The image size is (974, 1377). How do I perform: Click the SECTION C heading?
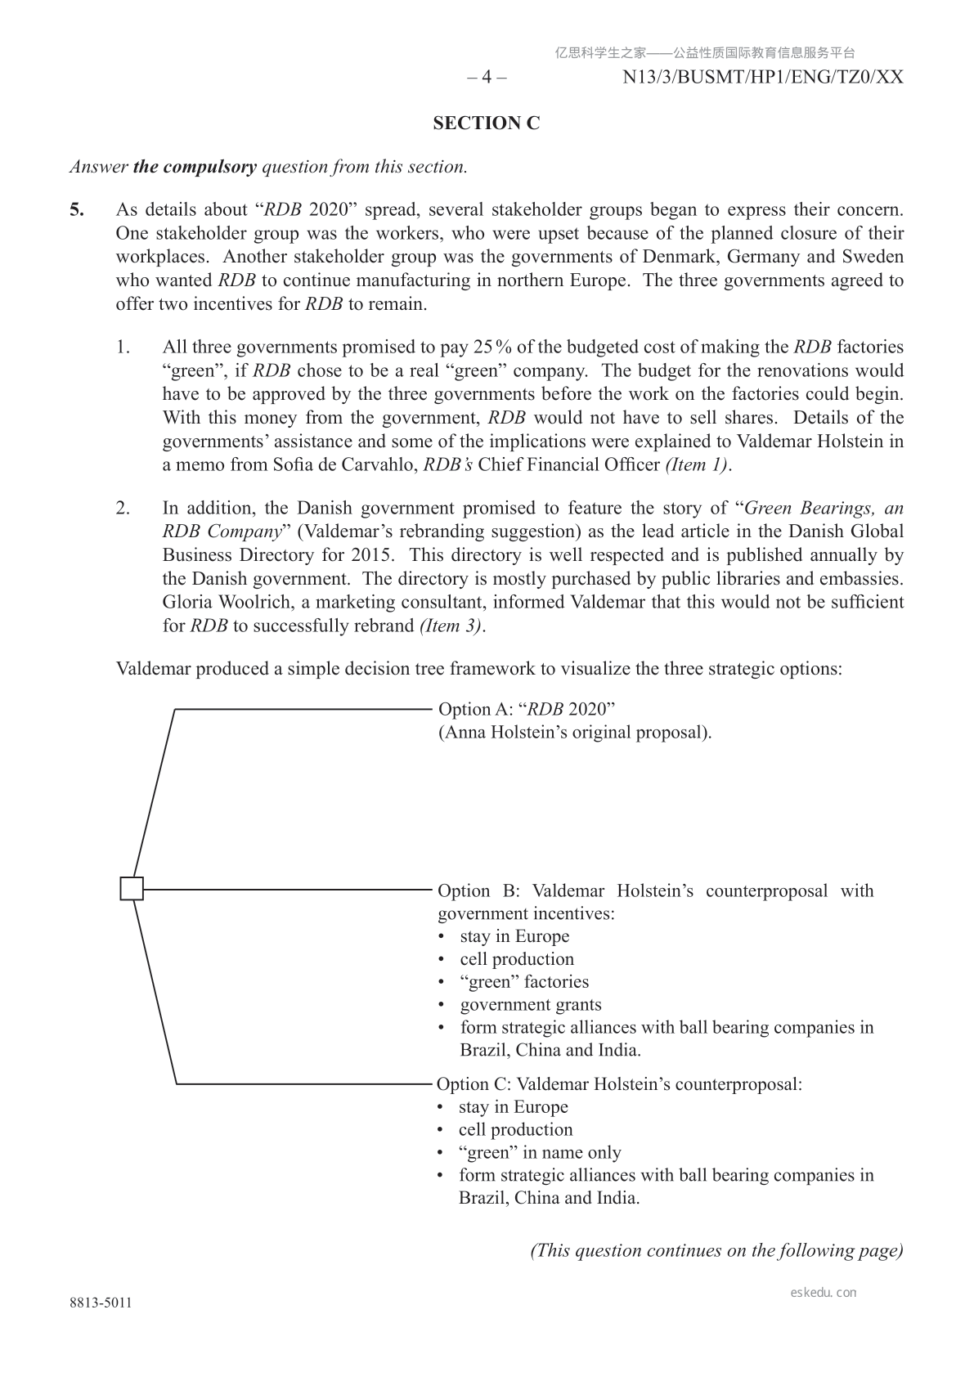point(487,123)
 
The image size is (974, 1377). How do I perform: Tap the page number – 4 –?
point(487,78)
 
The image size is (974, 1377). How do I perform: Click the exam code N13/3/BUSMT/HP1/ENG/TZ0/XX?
point(762,78)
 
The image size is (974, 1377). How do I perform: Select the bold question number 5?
point(76,209)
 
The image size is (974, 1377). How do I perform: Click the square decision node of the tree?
point(132,888)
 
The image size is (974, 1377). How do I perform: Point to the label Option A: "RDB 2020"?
point(527,708)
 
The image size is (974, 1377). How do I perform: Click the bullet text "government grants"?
point(530,1004)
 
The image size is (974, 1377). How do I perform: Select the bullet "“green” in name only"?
point(539,1152)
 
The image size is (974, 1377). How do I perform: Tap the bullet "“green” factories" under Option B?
point(524,981)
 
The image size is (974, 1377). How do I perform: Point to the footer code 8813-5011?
point(101,1303)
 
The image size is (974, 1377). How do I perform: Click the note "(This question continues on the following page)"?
point(716,1250)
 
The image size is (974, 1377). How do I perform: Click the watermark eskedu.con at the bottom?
point(824,1292)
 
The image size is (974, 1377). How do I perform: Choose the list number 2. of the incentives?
point(123,508)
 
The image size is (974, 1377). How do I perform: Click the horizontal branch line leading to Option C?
point(303,1084)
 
